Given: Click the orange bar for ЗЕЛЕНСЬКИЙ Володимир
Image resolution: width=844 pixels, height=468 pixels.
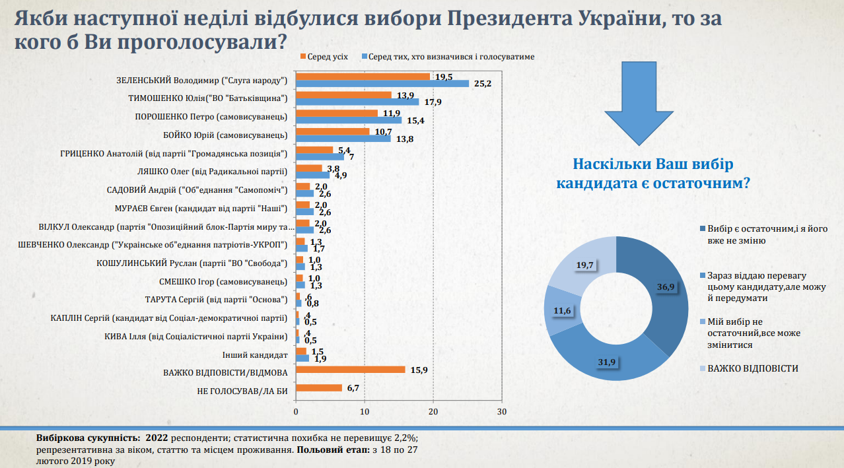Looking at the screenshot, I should pos(363,77).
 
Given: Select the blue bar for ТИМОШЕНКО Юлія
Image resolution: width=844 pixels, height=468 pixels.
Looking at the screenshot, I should pos(357,102).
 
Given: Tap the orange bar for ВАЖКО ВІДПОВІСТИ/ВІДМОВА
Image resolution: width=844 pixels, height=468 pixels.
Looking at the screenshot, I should pos(350,370).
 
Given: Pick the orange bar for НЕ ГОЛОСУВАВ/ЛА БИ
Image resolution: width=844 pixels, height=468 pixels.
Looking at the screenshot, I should pos(319,387).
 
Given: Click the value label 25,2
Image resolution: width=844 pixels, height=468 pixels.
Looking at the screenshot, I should pos(481,84).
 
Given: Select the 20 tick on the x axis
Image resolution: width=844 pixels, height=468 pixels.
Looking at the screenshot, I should pos(433,411).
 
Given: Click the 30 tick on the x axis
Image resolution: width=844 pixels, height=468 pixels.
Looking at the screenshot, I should pos(502,411).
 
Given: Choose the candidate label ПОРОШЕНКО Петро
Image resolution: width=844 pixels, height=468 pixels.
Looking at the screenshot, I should pos(210,117).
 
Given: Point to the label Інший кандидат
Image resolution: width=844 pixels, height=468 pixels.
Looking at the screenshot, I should pos(254,354).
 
